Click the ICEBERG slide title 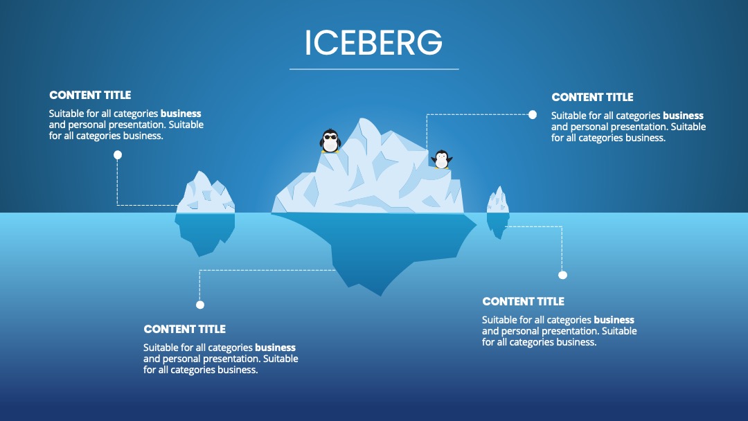[x=373, y=42]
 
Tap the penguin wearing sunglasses [x=330, y=141]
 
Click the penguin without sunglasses [x=442, y=159]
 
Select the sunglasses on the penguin [x=330, y=137]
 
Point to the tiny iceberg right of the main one [x=497, y=212]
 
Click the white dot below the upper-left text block [x=118, y=155]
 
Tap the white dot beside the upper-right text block [x=533, y=114]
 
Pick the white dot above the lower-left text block [x=200, y=305]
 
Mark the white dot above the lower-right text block [x=563, y=275]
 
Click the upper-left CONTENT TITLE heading [x=90, y=96]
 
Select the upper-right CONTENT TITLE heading [x=592, y=97]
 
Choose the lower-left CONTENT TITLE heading [x=185, y=329]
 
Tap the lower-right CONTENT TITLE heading [x=524, y=301]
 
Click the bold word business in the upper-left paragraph [x=181, y=114]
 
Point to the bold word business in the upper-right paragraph [x=683, y=116]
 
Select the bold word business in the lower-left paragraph [x=275, y=348]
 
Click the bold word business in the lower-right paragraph [x=614, y=320]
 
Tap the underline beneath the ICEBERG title [x=374, y=69]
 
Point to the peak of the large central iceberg [x=363, y=118]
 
